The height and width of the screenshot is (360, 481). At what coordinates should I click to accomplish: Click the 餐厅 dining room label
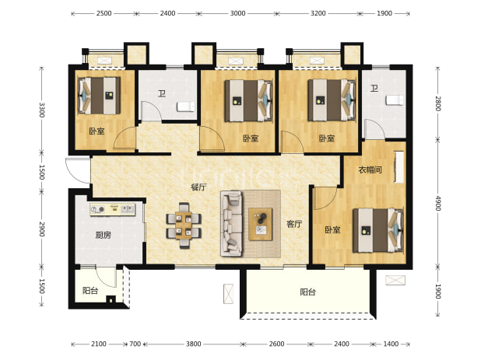coord(198,187)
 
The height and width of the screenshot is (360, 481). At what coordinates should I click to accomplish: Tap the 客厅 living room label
coord(294,224)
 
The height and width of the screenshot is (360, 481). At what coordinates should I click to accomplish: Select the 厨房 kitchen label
coord(103,236)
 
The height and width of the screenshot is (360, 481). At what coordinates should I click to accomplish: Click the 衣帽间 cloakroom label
coord(370,170)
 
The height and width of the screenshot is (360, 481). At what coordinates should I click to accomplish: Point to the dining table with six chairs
coord(184,225)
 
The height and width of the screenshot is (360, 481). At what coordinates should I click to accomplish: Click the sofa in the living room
coord(231,224)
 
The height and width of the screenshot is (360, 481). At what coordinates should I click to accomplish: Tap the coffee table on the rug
coord(261,224)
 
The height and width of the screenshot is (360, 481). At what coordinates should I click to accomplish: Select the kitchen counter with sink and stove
coord(113,209)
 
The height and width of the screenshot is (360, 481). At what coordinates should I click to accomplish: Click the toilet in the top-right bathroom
coord(395,100)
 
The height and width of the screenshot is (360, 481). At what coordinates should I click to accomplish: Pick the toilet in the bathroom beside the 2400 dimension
coord(185,107)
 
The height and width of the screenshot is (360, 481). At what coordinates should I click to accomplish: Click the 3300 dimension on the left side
coord(42,110)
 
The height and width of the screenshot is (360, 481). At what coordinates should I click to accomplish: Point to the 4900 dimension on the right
coord(438,203)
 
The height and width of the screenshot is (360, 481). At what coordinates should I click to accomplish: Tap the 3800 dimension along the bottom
coord(194,344)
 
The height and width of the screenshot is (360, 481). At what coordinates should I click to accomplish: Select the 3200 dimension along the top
coord(318,13)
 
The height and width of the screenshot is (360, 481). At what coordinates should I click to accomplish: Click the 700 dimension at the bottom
coord(135,344)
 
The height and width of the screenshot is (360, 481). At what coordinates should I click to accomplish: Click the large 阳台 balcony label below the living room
coord(307,292)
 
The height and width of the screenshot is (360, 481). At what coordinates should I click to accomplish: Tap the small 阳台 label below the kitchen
coord(90,290)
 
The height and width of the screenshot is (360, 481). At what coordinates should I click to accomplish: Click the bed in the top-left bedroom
coord(99,96)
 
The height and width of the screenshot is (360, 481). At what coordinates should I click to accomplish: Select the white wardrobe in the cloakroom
coord(399,167)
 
